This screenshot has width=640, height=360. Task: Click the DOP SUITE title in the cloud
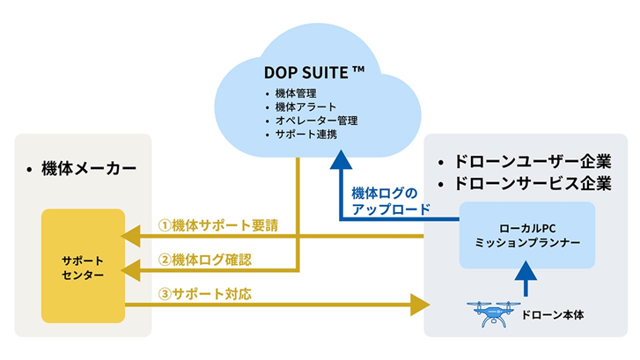314,72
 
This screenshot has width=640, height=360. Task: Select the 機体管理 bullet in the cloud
296,93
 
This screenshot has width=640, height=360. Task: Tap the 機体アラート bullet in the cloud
305,107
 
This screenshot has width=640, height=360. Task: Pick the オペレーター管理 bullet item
316,121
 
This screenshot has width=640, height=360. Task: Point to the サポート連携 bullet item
306,135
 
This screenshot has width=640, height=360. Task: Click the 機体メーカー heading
89,169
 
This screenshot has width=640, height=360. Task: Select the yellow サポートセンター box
84,266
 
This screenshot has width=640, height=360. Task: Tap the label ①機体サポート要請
218,225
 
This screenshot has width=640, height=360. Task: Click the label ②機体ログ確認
205,260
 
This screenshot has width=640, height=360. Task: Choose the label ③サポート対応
205,294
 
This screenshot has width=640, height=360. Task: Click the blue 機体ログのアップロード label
391,201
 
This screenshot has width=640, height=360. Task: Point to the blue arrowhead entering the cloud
341,159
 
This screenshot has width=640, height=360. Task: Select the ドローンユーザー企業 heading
533,162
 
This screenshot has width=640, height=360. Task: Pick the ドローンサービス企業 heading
533,183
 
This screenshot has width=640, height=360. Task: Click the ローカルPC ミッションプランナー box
527,235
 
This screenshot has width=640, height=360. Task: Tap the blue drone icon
494,313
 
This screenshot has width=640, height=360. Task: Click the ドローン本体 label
553,315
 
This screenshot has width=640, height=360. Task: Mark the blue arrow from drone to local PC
526,279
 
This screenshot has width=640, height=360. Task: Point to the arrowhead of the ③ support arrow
420,305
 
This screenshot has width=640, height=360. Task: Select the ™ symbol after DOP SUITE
358,70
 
